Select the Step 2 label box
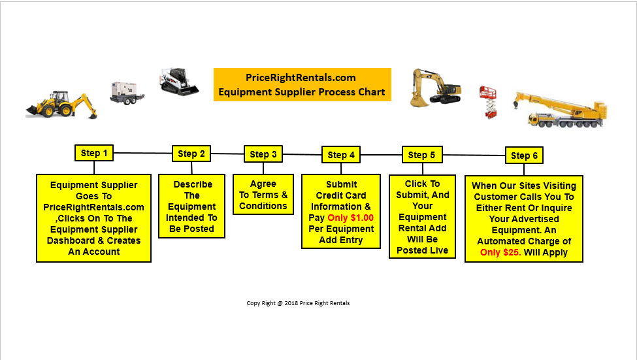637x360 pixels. pos(191,154)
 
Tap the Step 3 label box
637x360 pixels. pos(263,154)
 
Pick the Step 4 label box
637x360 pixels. pos(341,155)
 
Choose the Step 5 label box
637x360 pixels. pos(421,155)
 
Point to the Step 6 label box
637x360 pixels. pos(524,155)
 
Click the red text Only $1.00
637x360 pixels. pos(351,218)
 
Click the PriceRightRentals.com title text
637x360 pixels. pos(301,77)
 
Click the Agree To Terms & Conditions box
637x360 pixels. pos(263,195)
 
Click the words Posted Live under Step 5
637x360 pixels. pos(422,250)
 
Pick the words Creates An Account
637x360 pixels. pos(93,246)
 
